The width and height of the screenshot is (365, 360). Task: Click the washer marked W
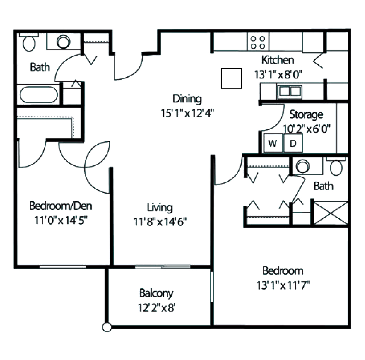coord(273,143)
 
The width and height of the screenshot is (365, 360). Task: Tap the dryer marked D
coord(293,143)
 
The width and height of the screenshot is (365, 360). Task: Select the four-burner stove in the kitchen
coord(258,42)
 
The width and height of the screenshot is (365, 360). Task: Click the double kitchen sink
coord(290,92)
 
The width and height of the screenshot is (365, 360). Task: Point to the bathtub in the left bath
coord(39,94)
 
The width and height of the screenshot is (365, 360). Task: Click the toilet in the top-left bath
coord(29,43)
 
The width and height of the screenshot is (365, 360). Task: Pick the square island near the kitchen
coord(231,78)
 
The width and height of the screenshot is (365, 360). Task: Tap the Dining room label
coord(187,99)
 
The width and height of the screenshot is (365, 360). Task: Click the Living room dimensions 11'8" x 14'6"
coord(160,222)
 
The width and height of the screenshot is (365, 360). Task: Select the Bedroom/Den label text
coord(61,206)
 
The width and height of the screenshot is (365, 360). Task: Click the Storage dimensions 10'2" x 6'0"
coord(307,129)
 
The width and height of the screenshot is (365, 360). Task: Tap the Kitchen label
coord(278,60)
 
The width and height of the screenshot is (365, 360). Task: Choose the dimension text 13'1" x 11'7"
coord(283,285)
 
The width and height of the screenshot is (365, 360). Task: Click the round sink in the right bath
coord(302,166)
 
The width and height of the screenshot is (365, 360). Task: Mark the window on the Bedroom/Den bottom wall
coord(63,267)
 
